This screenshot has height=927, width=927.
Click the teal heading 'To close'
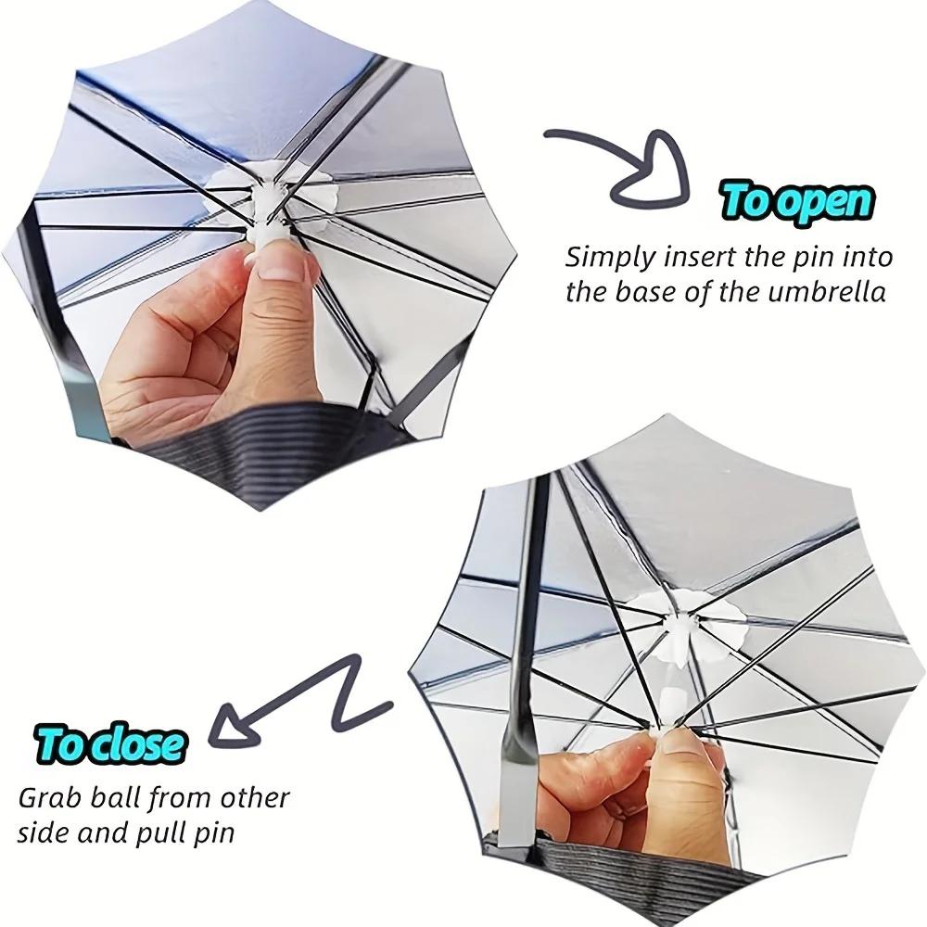[108, 742]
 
